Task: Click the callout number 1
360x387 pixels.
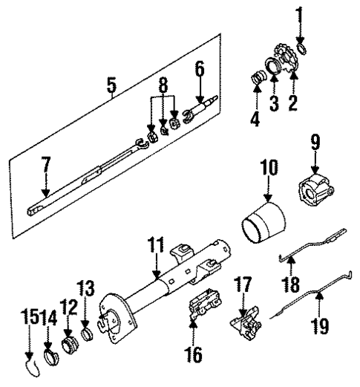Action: pyautogui.click(x=301, y=13)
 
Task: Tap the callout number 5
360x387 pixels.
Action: pyautogui.click(x=111, y=88)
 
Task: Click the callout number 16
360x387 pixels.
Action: pyautogui.click(x=194, y=356)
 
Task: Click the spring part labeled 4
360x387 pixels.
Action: pyautogui.click(x=257, y=77)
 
